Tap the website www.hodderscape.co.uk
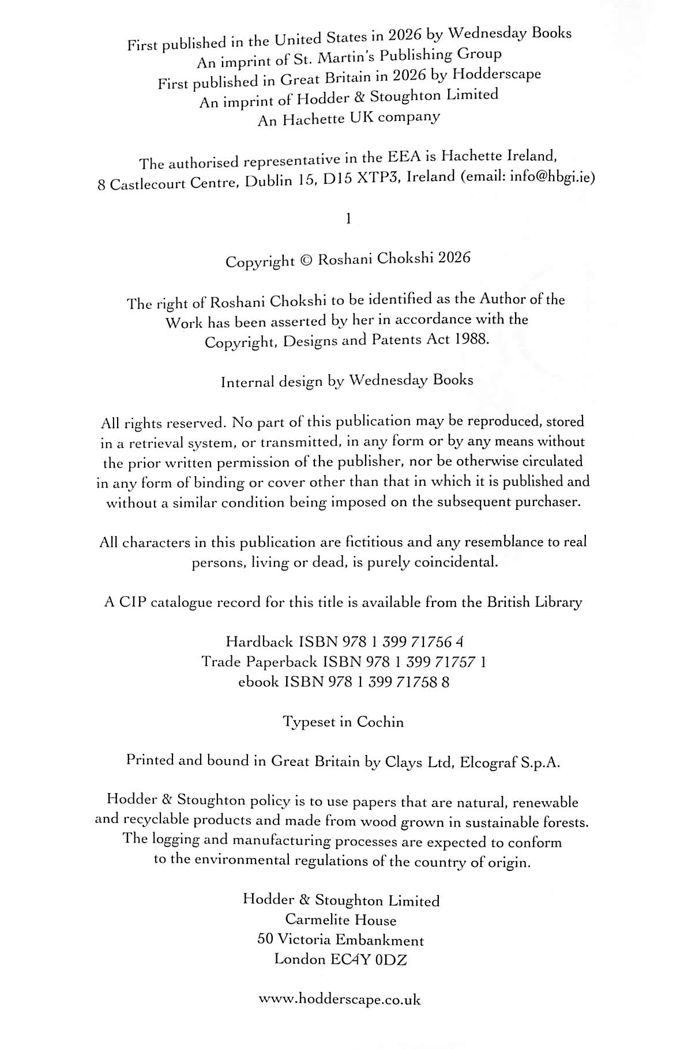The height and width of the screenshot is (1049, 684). pyautogui.click(x=340, y=999)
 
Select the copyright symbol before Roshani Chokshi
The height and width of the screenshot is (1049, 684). pyautogui.click(x=306, y=260)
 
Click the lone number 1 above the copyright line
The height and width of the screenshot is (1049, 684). pyautogui.click(x=347, y=218)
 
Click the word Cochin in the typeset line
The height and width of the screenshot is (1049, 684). pyautogui.click(x=380, y=722)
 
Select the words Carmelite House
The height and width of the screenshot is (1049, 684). pyautogui.click(x=341, y=920)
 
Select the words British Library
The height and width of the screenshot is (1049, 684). pyautogui.click(x=534, y=602)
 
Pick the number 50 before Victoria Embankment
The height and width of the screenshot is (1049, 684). pyautogui.click(x=265, y=939)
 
